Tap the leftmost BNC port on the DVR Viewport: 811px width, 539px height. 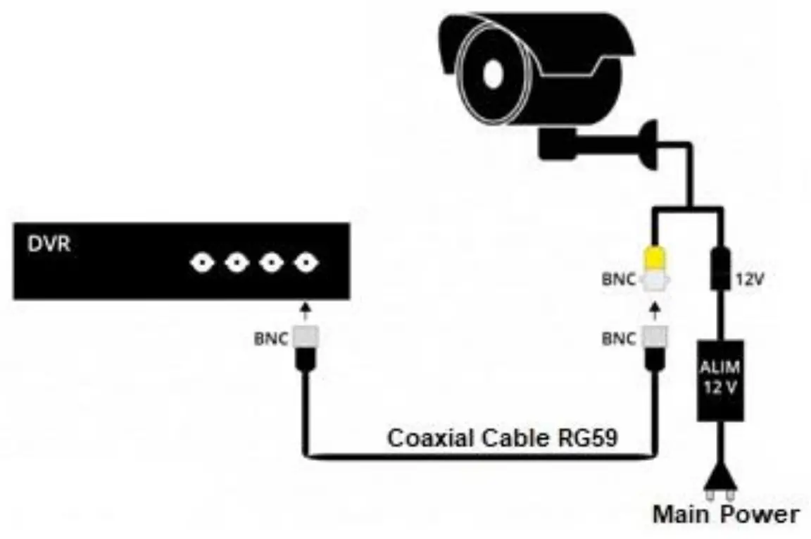(201, 264)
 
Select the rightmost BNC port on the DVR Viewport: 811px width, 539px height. (305, 264)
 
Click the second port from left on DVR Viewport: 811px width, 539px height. (236, 264)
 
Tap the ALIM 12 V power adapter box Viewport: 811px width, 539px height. (719, 380)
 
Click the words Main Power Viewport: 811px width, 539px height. (725, 514)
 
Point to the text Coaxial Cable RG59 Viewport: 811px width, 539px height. (503, 438)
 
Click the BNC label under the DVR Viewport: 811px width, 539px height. (270, 338)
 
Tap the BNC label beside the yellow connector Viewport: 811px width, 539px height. (618, 280)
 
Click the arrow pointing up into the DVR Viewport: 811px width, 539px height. (305, 310)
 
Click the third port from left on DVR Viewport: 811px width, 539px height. (270, 264)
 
